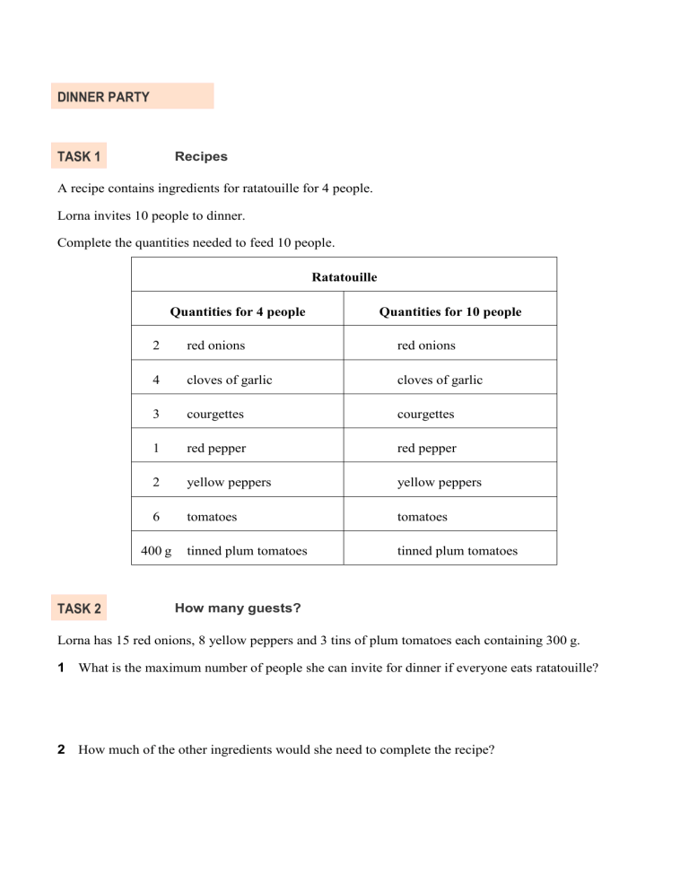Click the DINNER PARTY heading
(103, 96)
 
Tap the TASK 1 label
(79, 157)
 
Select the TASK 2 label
(79, 609)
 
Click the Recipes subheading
(201, 156)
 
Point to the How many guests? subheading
(238, 608)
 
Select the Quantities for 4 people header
(238, 312)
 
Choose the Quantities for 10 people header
(450, 312)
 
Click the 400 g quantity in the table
(158, 551)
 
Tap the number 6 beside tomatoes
(156, 517)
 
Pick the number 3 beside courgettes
(156, 415)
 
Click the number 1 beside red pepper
(156, 449)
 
